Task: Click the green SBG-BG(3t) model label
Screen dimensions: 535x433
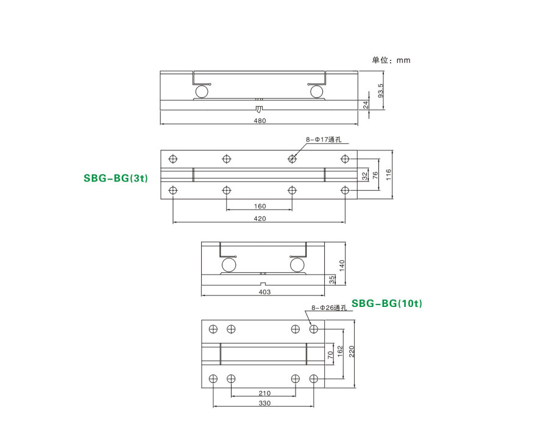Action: [x=116, y=178]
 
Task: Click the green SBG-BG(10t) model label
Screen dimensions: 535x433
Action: [x=387, y=303]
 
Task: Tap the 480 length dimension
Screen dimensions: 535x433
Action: [x=260, y=121]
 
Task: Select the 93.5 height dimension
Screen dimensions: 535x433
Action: [x=381, y=91]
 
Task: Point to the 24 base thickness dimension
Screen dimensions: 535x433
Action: [x=366, y=105]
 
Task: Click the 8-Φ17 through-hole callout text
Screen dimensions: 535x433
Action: [x=324, y=139]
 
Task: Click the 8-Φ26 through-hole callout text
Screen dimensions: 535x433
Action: [x=329, y=308]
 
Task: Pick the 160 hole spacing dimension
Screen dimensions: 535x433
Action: [x=260, y=206]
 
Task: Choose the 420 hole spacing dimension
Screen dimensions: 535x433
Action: [x=260, y=219]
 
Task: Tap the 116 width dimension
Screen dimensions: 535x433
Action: [x=389, y=175]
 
